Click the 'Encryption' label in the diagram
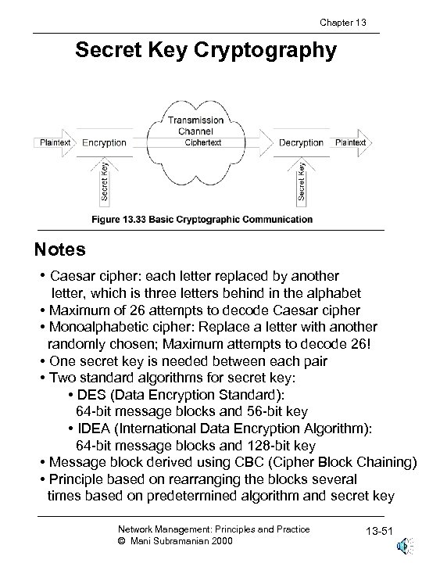point(104,142)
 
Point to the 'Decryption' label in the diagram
point(301,142)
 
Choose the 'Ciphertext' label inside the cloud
point(203,142)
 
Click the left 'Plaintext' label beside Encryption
point(55,142)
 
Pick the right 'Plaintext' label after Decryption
point(350,142)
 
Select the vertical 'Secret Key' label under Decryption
point(302,179)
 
